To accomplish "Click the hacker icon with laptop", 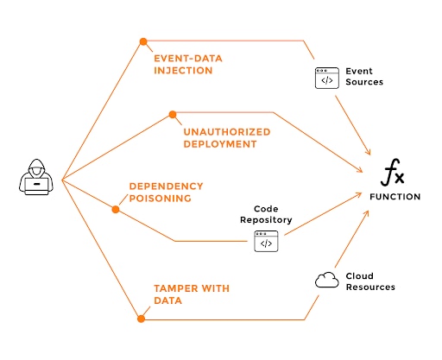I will point(36,178).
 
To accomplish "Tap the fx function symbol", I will point(394,175).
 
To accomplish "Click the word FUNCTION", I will point(395,197).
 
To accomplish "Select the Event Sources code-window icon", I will point(326,78).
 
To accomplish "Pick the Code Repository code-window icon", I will point(266,242).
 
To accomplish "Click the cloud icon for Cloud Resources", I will point(326,280).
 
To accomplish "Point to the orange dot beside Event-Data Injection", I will point(143,41).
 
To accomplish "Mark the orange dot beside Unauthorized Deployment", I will point(172,114).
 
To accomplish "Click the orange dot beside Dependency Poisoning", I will point(116,208).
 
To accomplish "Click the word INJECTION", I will point(183,71).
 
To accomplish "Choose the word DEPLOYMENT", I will point(219,144).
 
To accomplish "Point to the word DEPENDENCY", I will point(166,186).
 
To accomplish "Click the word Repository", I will point(266,220).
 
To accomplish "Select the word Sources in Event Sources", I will point(364,82).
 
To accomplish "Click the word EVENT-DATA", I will point(185,59).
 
